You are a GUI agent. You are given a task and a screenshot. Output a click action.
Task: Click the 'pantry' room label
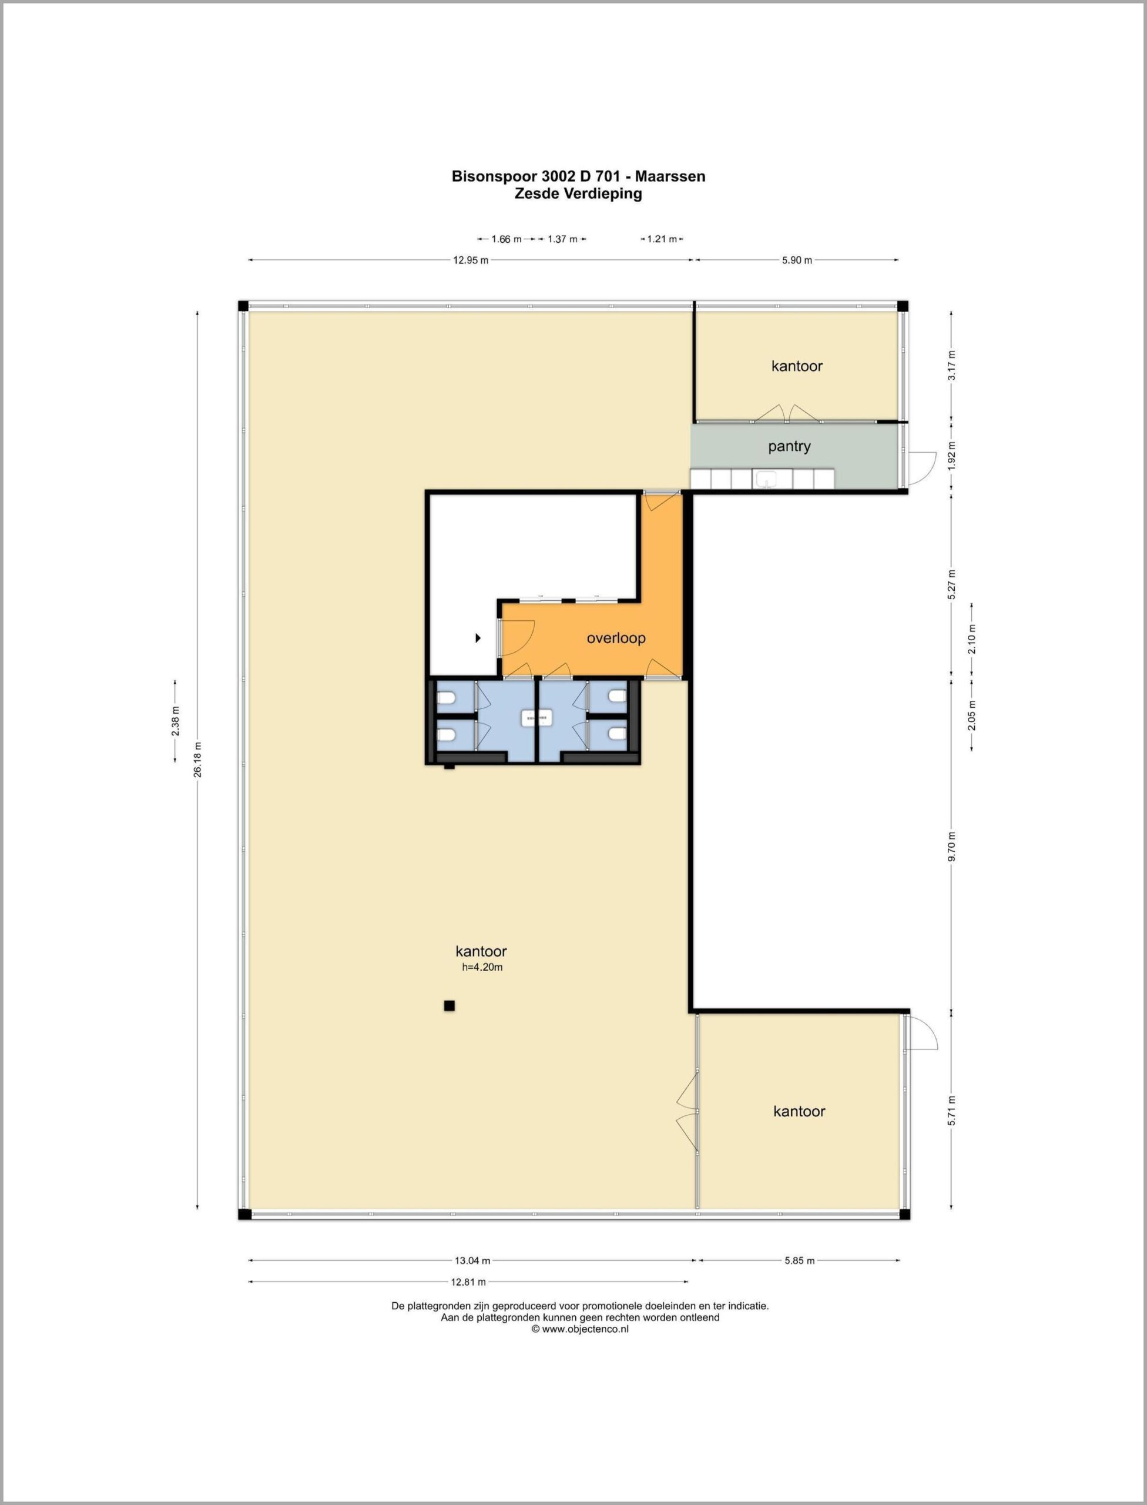pos(789,447)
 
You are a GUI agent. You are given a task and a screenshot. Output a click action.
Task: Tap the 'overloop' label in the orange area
pos(616,638)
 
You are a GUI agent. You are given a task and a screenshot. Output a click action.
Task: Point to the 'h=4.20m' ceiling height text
pos(482,967)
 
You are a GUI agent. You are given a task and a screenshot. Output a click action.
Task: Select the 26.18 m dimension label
pos(197,760)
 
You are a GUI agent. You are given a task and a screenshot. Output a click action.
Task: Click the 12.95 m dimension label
pos(471,260)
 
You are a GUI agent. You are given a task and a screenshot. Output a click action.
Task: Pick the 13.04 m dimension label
pos(472,1260)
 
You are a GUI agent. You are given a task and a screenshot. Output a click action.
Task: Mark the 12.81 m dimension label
pos(468,1282)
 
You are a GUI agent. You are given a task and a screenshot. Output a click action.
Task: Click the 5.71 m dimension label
pos(952,1111)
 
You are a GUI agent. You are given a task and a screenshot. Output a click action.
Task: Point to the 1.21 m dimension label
pos(662,239)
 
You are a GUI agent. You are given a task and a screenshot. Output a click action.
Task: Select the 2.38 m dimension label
pos(176,721)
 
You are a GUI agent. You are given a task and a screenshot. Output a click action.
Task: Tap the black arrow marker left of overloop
pos(478,638)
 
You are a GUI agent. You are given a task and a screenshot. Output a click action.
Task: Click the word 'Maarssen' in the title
pos(671,176)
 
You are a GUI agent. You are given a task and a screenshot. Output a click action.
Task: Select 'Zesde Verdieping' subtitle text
pos(578,193)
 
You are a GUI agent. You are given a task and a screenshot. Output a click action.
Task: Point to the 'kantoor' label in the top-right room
pos(797,366)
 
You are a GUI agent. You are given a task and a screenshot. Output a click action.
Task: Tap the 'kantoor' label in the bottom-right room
pos(800,1112)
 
